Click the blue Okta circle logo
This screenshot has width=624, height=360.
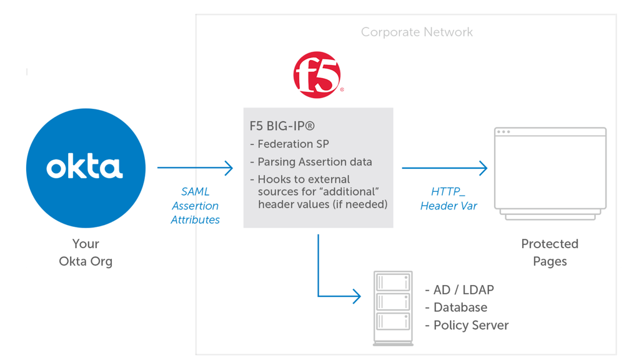tap(86, 167)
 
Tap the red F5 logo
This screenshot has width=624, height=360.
tap(317, 76)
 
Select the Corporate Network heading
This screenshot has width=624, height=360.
tap(417, 32)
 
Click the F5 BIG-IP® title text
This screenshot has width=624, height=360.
tap(282, 126)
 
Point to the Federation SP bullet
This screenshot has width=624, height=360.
tap(289, 144)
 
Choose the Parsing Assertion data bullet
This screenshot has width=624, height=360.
tap(310, 162)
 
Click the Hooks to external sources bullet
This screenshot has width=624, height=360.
tap(319, 192)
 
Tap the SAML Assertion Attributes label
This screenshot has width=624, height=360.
tap(196, 206)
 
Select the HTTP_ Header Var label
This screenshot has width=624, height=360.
tap(448, 199)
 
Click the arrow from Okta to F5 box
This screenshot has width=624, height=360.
tap(195, 167)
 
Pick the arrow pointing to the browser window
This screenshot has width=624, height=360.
tap(444, 167)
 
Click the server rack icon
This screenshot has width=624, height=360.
tap(393, 308)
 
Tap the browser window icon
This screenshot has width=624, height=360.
tap(550, 173)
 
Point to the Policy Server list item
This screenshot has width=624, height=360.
tap(467, 325)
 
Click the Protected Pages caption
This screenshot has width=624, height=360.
tap(550, 252)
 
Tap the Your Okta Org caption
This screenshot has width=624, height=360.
tap(86, 252)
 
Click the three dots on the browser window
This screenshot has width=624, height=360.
tap(503, 132)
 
